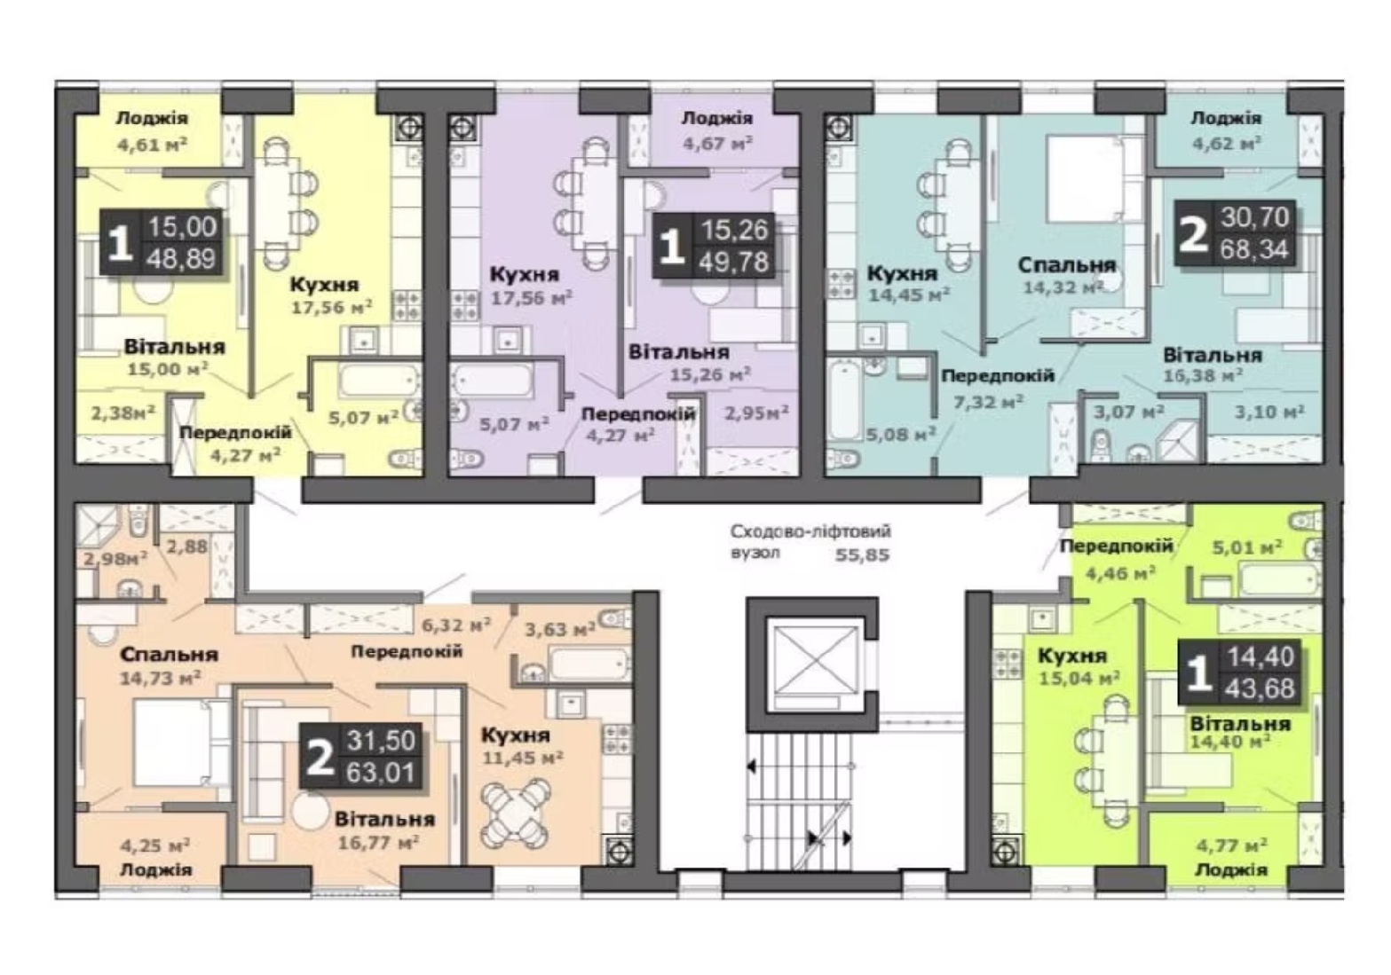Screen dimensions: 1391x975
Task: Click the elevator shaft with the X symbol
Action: click(x=813, y=664)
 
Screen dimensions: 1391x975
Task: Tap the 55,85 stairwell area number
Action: click(x=863, y=554)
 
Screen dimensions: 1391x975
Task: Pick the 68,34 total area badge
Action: click(x=1253, y=249)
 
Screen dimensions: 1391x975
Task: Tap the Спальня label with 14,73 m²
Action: click(x=169, y=655)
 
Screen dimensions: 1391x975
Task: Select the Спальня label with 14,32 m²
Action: click(x=1067, y=265)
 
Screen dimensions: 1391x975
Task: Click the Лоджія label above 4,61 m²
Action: click(x=152, y=118)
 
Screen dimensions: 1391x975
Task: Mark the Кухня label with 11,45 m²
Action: click(x=516, y=735)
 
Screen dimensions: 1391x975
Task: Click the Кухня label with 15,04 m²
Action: click(x=1072, y=656)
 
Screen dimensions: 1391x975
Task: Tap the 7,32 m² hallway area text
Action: click(x=988, y=402)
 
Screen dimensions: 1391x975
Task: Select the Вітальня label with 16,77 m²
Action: click(x=384, y=819)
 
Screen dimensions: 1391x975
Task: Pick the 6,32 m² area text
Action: click(x=456, y=625)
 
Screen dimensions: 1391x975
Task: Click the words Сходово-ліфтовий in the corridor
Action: click(x=810, y=531)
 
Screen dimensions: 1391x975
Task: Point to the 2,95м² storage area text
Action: click(x=756, y=412)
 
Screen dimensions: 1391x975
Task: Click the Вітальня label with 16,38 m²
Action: click(x=1213, y=356)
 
